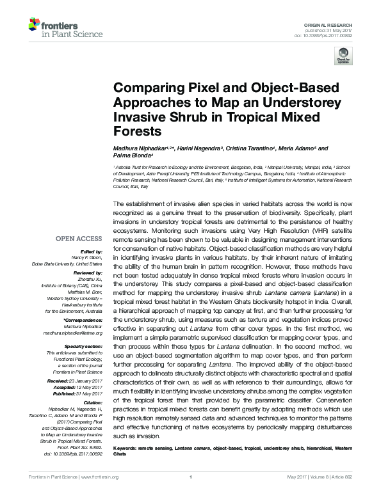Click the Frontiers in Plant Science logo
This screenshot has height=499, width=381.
pos(57,29)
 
